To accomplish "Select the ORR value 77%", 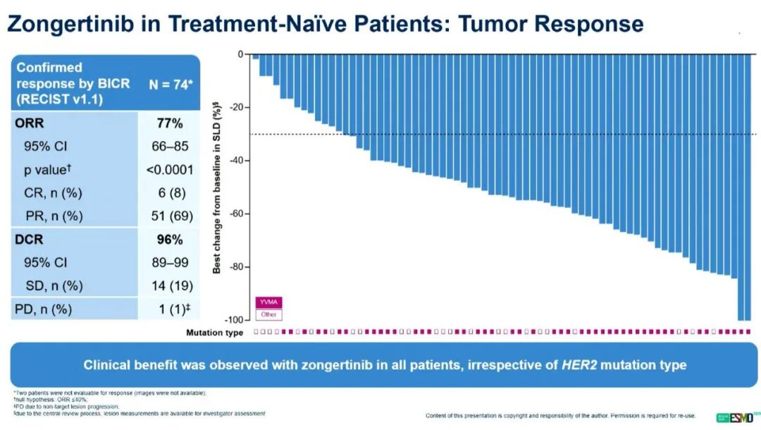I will pos(170,123).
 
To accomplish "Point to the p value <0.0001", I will pos(170,170).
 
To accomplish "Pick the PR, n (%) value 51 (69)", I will pos(170,216).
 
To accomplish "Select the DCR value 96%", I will pos(170,240).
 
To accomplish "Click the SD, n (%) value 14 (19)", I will pos(170,285).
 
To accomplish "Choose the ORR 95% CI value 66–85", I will pos(170,147).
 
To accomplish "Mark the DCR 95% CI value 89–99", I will pos(170,263).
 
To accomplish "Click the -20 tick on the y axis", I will pos(237,107).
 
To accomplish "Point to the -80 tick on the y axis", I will pos(237,267).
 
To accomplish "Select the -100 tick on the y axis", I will pos(235,320).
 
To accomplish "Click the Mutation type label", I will pos(214,332).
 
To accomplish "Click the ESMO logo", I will pos(736,417).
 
